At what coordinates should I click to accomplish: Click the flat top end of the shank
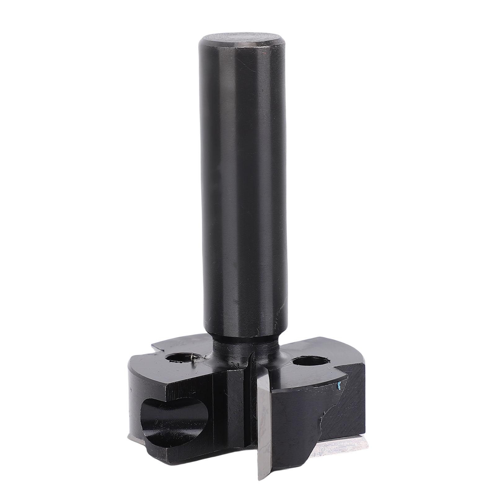point(242,40)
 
